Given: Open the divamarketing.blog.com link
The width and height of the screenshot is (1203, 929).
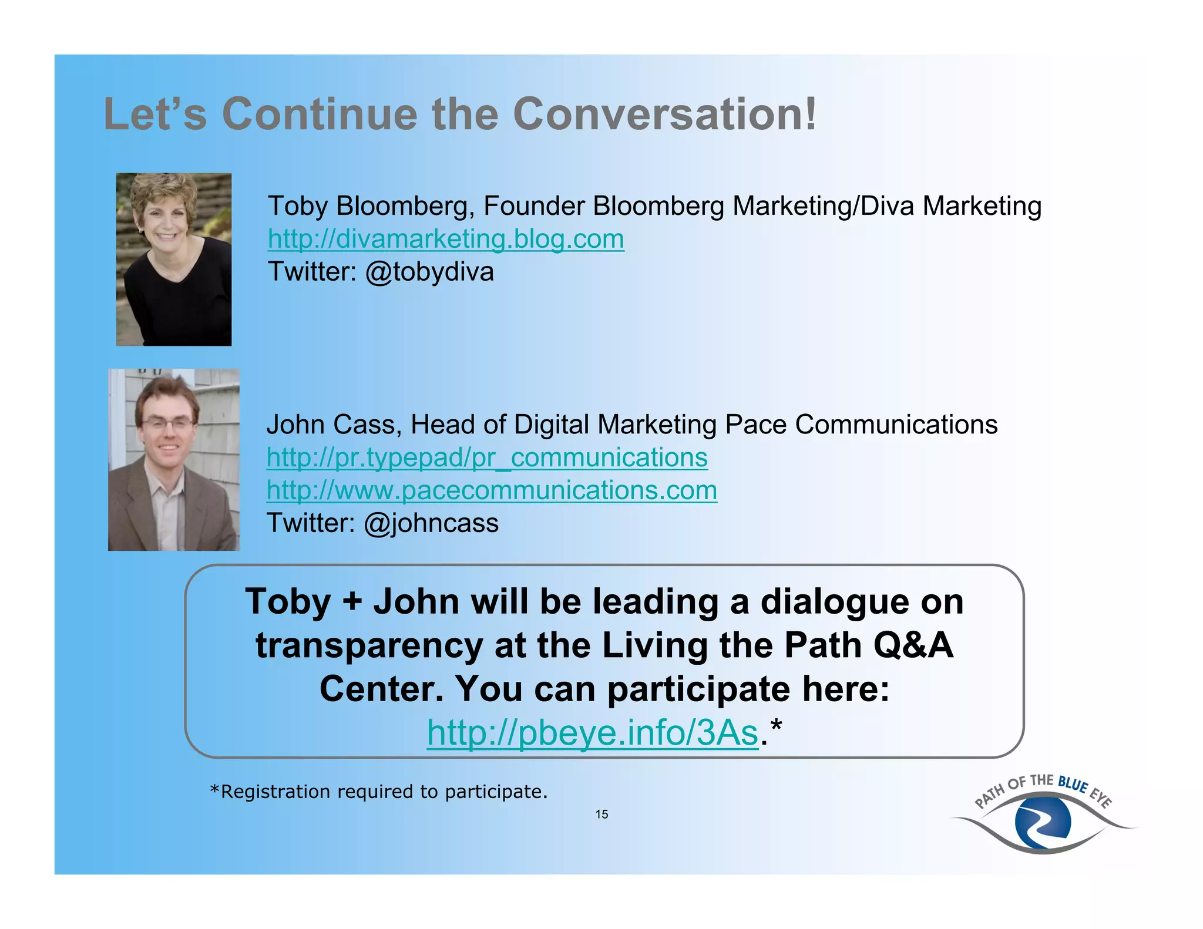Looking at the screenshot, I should tap(446, 239).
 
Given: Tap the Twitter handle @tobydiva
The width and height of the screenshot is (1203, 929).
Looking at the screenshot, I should tap(429, 272).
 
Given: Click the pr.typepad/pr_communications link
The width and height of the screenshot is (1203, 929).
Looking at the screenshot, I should tap(487, 457).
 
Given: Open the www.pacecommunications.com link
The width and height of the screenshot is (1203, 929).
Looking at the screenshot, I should tap(492, 490).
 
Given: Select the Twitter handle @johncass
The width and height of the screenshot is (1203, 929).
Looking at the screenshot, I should tap(431, 523).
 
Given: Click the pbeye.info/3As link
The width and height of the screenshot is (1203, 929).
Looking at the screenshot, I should tap(592, 733).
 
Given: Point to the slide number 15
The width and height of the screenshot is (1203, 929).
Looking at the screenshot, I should tap(601, 814).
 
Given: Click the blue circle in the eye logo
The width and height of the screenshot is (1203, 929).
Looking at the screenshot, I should tap(1043, 822).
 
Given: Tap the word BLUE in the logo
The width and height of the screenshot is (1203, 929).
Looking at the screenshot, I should tap(1073, 785).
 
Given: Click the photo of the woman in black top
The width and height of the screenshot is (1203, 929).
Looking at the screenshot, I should tap(174, 259).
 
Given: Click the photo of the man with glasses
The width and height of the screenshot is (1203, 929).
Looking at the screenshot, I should tap(174, 460).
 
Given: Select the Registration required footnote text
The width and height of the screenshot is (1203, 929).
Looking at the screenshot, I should tap(379, 792).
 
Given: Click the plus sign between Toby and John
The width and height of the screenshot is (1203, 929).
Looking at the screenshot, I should tap(352, 602).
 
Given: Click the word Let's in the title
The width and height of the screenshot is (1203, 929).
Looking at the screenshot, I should tap(155, 114).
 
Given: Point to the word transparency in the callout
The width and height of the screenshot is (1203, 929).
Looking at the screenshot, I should tap(368, 645).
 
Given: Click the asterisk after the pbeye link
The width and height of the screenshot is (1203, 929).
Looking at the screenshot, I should tap(777, 728).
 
